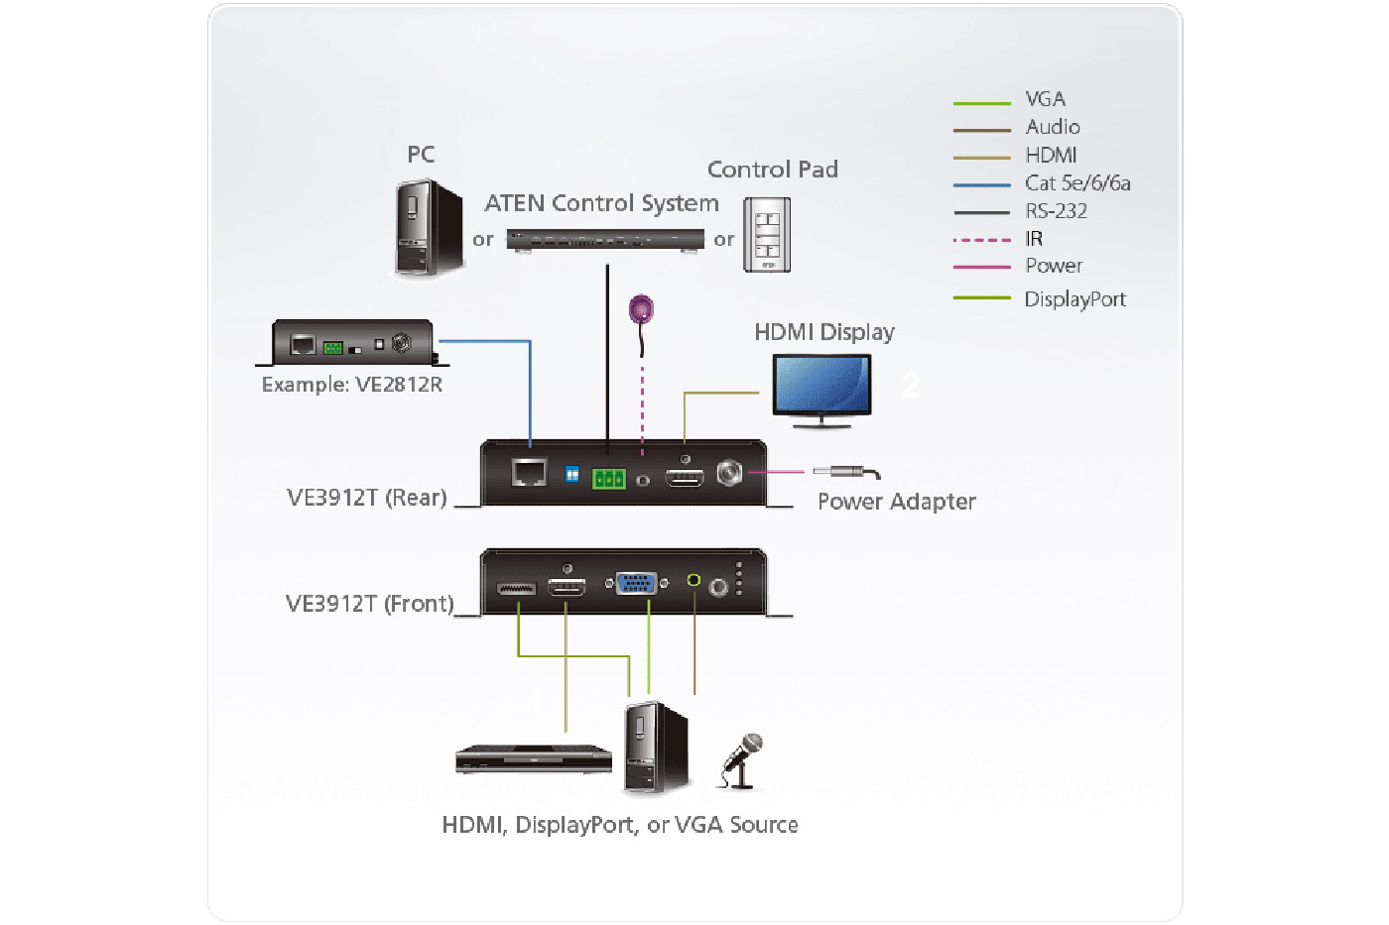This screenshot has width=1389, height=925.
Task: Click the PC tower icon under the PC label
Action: coord(429,227)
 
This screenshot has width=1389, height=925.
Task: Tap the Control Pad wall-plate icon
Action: coord(767,234)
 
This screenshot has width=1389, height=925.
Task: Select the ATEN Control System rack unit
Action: coord(604,239)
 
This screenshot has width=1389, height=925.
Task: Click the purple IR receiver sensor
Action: coord(642,309)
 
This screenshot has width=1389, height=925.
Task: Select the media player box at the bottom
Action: coord(533,758)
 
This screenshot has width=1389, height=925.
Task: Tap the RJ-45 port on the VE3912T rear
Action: coord(529,473)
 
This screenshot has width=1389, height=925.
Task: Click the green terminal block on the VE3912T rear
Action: coord(608,479)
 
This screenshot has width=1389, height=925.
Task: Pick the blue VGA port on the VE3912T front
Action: coord(636,584)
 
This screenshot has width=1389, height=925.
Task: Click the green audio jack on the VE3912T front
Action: coord(694,581)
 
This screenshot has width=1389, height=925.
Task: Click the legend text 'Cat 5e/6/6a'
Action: coord(1076,183)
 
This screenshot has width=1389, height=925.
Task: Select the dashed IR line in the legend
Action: coord(981,240)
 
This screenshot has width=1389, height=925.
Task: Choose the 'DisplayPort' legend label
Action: coord(1074,299)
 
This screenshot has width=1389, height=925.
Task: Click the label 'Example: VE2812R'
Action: coord(351,385)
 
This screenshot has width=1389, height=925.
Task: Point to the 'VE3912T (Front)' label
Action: coord(369,604)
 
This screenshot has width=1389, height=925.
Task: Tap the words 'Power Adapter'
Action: coord(896,502)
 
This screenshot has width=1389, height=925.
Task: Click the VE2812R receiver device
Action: coord(353,343)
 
